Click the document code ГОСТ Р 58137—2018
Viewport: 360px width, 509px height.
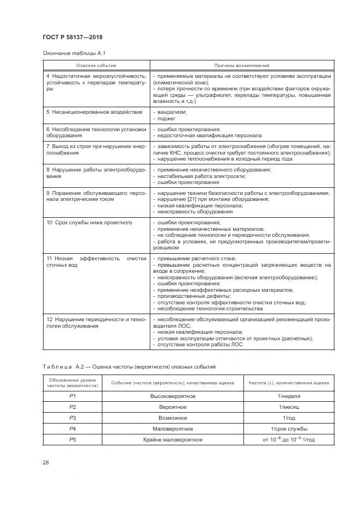tap(72, 37)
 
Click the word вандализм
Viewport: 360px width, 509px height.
tap(172, 112)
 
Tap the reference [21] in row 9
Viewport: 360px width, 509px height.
tap(187, 199)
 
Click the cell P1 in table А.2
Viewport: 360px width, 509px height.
tap(72, 396)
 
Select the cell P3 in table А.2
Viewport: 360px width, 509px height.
tap(72, 418)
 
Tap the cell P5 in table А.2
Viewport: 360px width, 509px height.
tap(72, 439)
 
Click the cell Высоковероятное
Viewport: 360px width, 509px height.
tap(173, 396)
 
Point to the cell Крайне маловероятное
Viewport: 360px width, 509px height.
tap(173, 439)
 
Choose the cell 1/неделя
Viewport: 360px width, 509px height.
tap(289, 396)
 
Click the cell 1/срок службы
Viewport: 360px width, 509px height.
tap(289, 428)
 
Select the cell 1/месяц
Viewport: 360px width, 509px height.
tap(289, 407)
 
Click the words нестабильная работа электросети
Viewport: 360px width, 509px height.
tap(198, 176)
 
